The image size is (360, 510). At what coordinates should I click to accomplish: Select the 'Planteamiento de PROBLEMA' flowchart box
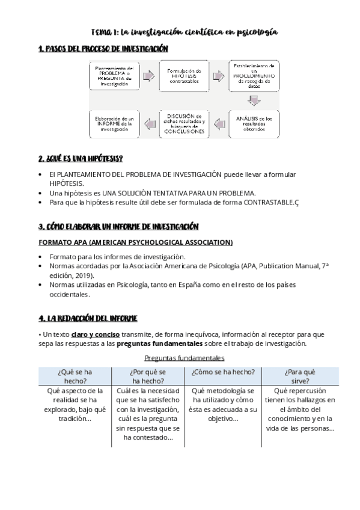click(114, 76)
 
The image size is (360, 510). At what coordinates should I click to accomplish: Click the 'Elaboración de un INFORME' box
click(114, 124)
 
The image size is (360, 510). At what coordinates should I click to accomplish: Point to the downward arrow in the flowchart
click(254, 100)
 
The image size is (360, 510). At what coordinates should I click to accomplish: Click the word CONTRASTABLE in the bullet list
click(268, 203)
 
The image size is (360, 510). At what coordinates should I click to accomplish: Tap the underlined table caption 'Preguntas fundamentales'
click(183, 358)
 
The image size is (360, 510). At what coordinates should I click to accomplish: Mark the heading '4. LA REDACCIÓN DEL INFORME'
click(88, 318)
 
